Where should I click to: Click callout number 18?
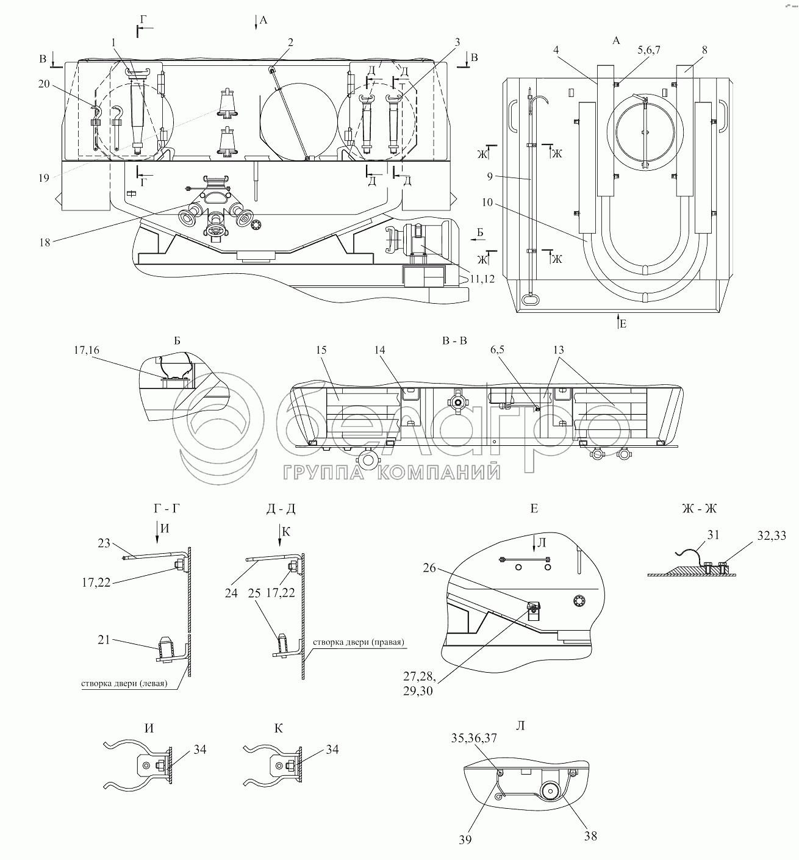tap(45, 243)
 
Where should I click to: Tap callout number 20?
tap(44, 84)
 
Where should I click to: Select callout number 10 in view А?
tap(487, 202)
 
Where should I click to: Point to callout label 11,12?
tap(482, 279)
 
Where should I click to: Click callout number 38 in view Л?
tap(590, 836)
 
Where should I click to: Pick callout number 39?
tap(465, 840)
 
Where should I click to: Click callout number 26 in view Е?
tap(429, 568)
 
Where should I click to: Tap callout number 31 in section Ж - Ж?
tap(713, 536)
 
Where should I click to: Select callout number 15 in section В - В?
tap(321, 350)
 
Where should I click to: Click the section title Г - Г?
tap(167, 509)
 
